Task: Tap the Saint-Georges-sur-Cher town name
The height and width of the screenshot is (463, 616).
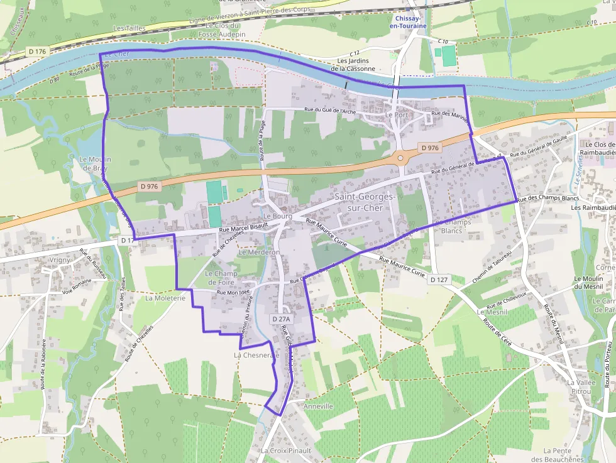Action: (x=365, y=202)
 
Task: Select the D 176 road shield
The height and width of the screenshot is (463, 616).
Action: (x=38, y=50)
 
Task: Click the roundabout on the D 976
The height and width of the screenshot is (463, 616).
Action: (x=401, y=156)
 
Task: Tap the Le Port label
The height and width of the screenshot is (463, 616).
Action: (x=397, y=115)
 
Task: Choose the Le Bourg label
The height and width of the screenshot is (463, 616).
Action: (x=277, y=216)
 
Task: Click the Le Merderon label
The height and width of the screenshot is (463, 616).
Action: (x=259, y=252)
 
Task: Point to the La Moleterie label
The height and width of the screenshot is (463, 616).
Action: (x=165, y=298)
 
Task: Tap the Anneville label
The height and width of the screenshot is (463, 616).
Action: (x=318, y=406)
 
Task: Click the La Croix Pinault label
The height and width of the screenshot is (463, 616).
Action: (x=286, y=450)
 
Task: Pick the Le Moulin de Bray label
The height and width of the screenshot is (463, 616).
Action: (x=94, y=164)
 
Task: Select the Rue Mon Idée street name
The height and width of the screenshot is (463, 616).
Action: (x=234, y=292)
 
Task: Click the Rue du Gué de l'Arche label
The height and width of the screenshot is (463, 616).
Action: (x=329, y=111)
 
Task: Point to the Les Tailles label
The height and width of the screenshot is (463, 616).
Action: (x=129, y=28)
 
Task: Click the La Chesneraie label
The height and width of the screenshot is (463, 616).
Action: (x=256, y=355)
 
